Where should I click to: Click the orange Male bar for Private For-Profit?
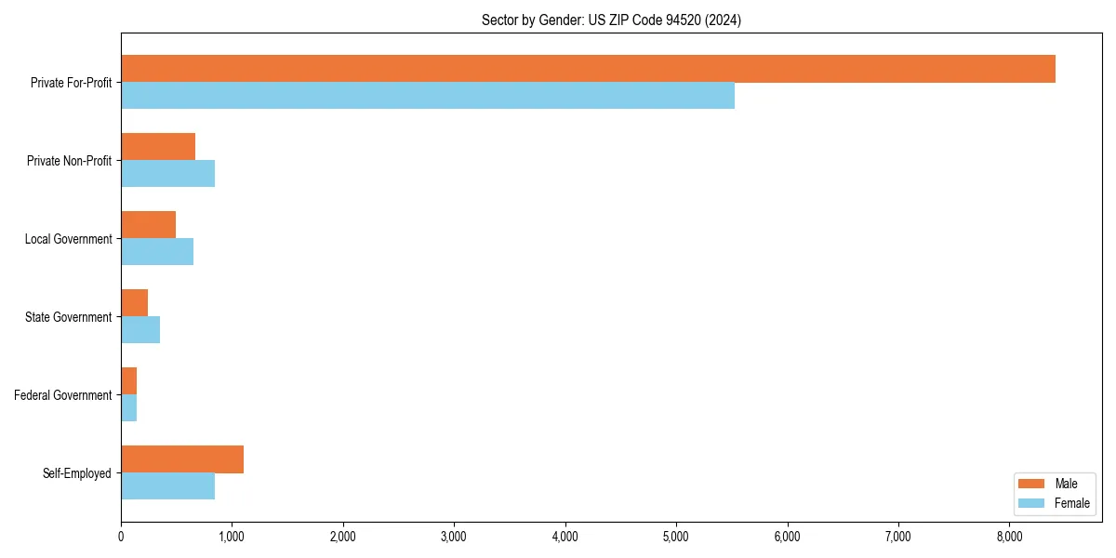point(588,69)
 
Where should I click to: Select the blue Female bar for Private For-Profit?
point(428,96)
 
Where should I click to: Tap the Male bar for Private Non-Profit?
point(158,147)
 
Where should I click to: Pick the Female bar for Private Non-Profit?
point(167,174)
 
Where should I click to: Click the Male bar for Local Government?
point(148,225)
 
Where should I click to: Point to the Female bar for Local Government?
point(157,252)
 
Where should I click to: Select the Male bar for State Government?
point(134,303)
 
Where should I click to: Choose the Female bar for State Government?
point(140,330)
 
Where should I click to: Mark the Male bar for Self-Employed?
point(182,459)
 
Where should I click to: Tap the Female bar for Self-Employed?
point(167,486)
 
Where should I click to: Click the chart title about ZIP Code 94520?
point(611,20)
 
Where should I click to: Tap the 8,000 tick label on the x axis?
point(1009,537)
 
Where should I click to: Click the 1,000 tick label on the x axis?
point(232,537)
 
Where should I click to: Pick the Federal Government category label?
point(63,395)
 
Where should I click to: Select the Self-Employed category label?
point(77,473)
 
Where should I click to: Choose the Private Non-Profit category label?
point(69,161)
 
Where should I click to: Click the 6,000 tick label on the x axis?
point(788,537)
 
